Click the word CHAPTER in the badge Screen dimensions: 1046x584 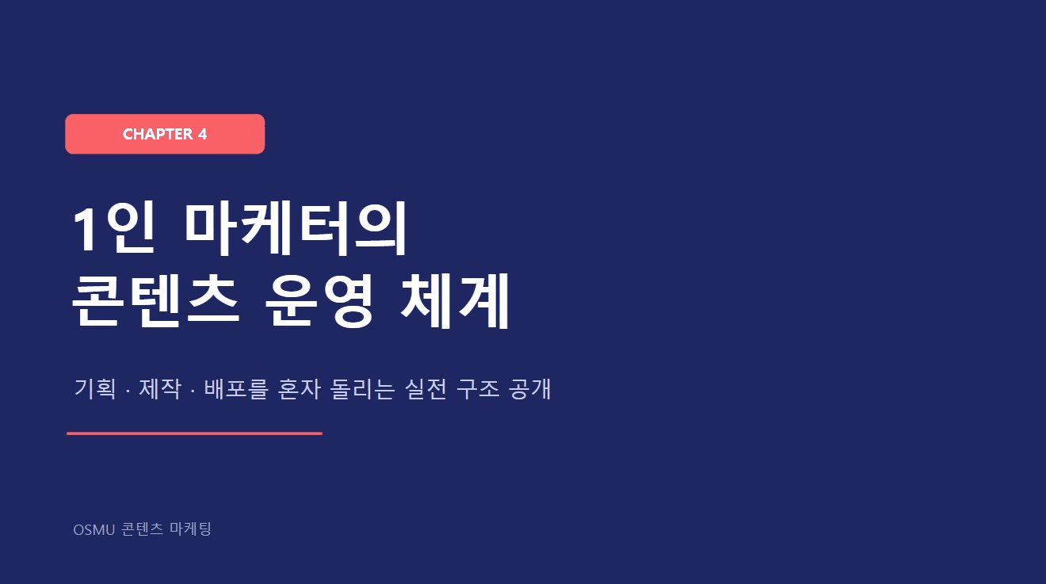tap(158, 135)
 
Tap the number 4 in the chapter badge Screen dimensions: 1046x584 tap(202, 135)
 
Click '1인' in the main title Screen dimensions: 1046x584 tap(113, 229)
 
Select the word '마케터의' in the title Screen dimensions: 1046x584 tap(296, 229)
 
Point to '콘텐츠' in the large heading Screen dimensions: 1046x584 tap(156, 301)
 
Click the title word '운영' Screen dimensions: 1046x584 tap(319, 301)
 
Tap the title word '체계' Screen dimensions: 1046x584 tap(454, 301)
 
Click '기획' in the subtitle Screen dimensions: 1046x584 tap(95, 389)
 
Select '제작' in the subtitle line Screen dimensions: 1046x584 tap(160, 389)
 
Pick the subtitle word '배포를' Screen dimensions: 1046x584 tap(236, 389)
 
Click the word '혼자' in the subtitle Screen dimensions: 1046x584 tap(299, 389)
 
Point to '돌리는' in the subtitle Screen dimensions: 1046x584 tap(362, 389)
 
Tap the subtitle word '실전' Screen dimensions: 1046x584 tap(426, 389)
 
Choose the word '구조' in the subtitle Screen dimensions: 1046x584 tap(478, 389)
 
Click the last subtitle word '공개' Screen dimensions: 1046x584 tap(530, 389)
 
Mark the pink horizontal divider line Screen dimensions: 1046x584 tap(194, 433)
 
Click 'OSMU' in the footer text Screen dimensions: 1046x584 tap(94, 530)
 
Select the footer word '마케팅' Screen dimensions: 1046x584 tap(190, 529)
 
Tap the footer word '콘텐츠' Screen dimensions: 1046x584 tap(143, 529)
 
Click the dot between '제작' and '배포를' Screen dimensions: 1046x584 tap(193, 391)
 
